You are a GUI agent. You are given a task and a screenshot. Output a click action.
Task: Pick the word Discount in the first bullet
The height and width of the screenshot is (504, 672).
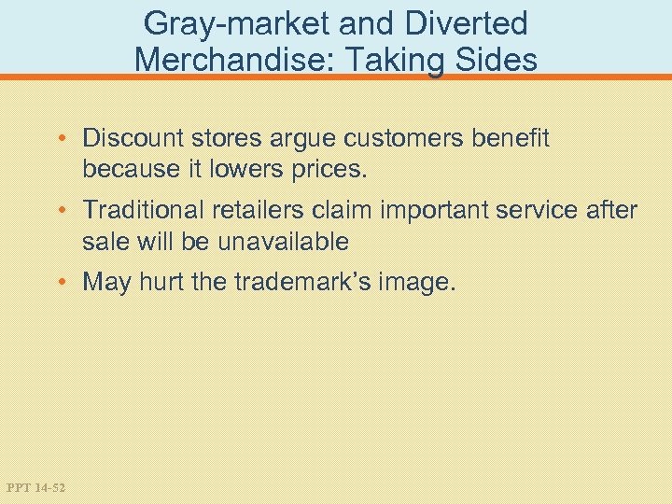click(134, 139)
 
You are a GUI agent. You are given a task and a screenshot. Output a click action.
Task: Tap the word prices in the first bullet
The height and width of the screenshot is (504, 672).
click(308, 171)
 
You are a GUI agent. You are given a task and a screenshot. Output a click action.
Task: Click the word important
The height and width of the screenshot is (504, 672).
click(436, 211)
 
